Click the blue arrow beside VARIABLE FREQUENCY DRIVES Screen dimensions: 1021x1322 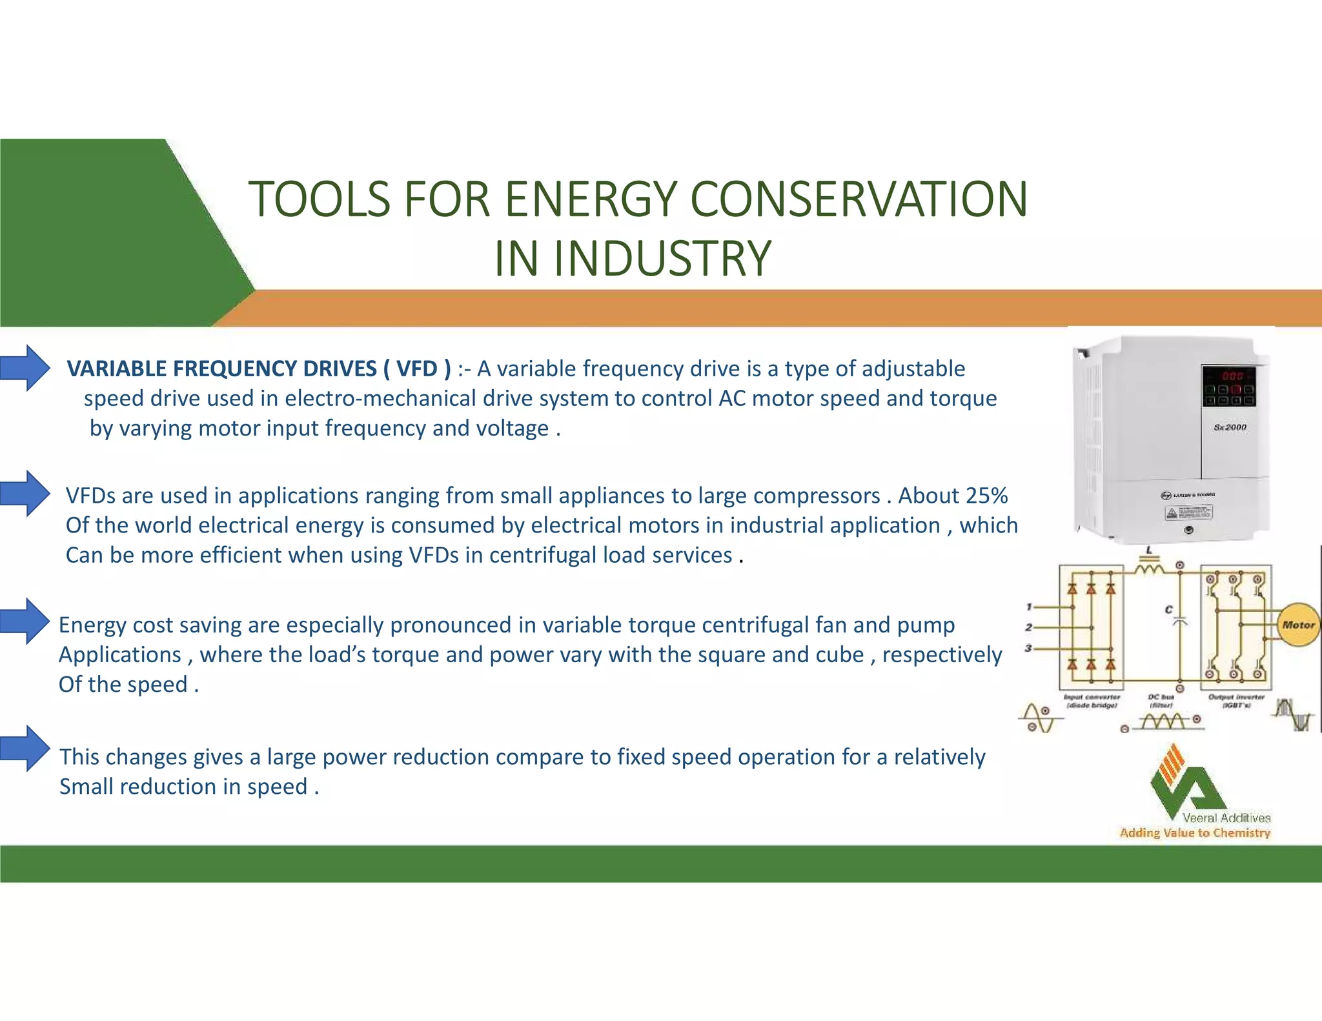[26, 368]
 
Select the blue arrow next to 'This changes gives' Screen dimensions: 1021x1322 [26, 748]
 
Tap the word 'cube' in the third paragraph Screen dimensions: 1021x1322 [839, 654]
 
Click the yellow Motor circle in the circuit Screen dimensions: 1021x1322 [1297, 625]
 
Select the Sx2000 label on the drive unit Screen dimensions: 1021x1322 [1230, 427]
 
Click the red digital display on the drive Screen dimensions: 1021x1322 [1232, 376]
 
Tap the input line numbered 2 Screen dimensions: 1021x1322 [1029, 627]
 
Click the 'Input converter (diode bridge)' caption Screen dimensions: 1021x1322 [1092, 701]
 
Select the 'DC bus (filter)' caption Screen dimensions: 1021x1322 [1161, 701]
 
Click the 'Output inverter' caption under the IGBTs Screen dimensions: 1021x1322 [1236, 701]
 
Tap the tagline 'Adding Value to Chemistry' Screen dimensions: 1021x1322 [1194, 833]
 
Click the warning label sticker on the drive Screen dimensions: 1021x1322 [1188, 513]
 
